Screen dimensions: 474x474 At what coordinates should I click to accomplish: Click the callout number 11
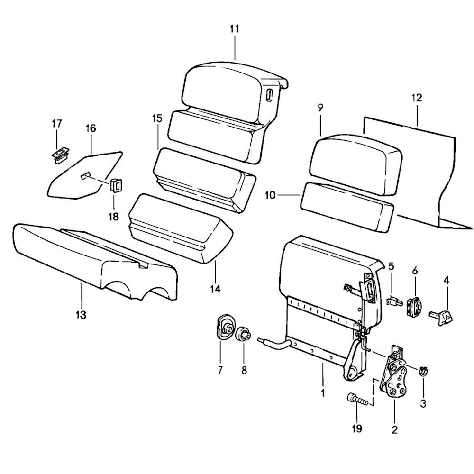pos(235,29)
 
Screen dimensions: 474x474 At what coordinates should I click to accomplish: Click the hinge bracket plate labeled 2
pos(395,379)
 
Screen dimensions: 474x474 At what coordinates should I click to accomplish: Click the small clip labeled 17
pos(58,154)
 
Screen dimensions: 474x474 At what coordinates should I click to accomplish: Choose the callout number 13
pos(81,314)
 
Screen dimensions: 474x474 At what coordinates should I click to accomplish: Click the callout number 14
pos(216,288)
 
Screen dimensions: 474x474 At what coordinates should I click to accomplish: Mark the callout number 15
pos(157,118)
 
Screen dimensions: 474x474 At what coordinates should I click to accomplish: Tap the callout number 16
pos(91,128)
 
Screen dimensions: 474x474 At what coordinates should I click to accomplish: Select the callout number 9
pos(320,107)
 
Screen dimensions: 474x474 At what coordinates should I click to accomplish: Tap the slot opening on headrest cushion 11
pos(270,93)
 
